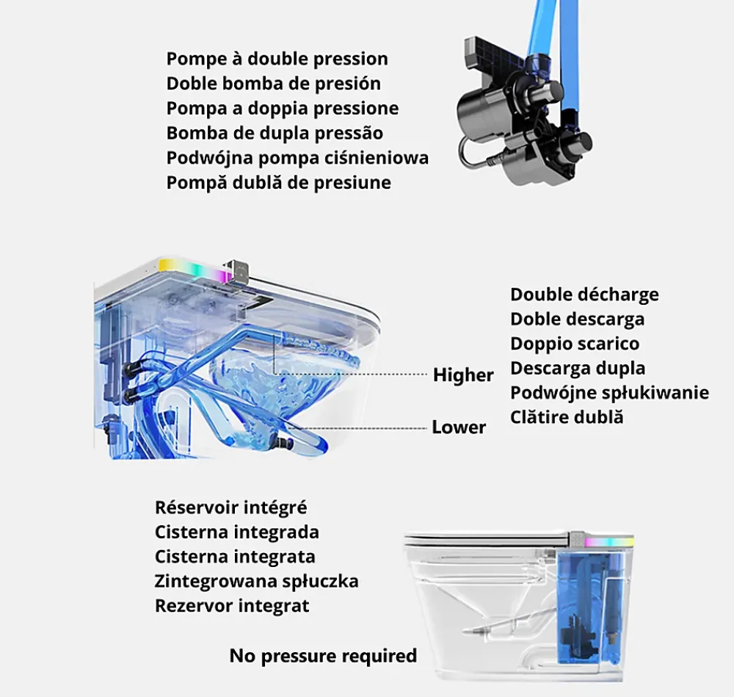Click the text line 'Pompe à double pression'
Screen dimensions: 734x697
277,59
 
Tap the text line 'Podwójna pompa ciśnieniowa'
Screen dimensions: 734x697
297,158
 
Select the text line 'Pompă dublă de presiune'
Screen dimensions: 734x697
278,183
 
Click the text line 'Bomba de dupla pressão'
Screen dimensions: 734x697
275,133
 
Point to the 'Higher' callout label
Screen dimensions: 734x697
463,375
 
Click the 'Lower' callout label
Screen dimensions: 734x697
459,427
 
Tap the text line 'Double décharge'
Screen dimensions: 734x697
584,295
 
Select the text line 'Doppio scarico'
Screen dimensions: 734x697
575,344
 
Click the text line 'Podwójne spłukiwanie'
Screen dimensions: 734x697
609,393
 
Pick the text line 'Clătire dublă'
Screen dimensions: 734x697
567,417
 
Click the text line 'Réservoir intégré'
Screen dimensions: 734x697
230,508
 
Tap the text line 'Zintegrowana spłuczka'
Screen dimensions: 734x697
256,581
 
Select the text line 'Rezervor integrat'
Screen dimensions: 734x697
232,606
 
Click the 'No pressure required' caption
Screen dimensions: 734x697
323,656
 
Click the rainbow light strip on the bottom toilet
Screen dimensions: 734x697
609,541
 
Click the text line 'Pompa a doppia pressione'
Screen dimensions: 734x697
283,109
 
